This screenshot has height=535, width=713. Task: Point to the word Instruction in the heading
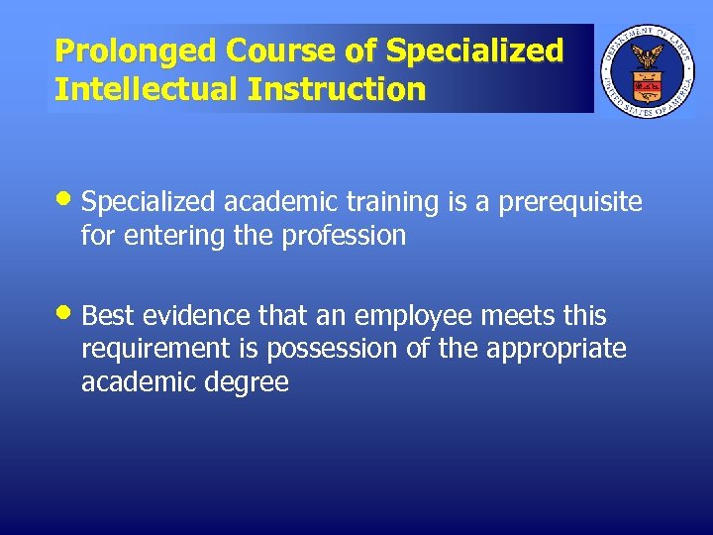(337, 90)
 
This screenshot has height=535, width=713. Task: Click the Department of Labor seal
(648, 68)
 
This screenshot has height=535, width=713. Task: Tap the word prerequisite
(569, 203)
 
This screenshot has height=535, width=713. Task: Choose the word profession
(345, 236)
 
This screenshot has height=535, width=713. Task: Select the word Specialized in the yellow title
(475, 51)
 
